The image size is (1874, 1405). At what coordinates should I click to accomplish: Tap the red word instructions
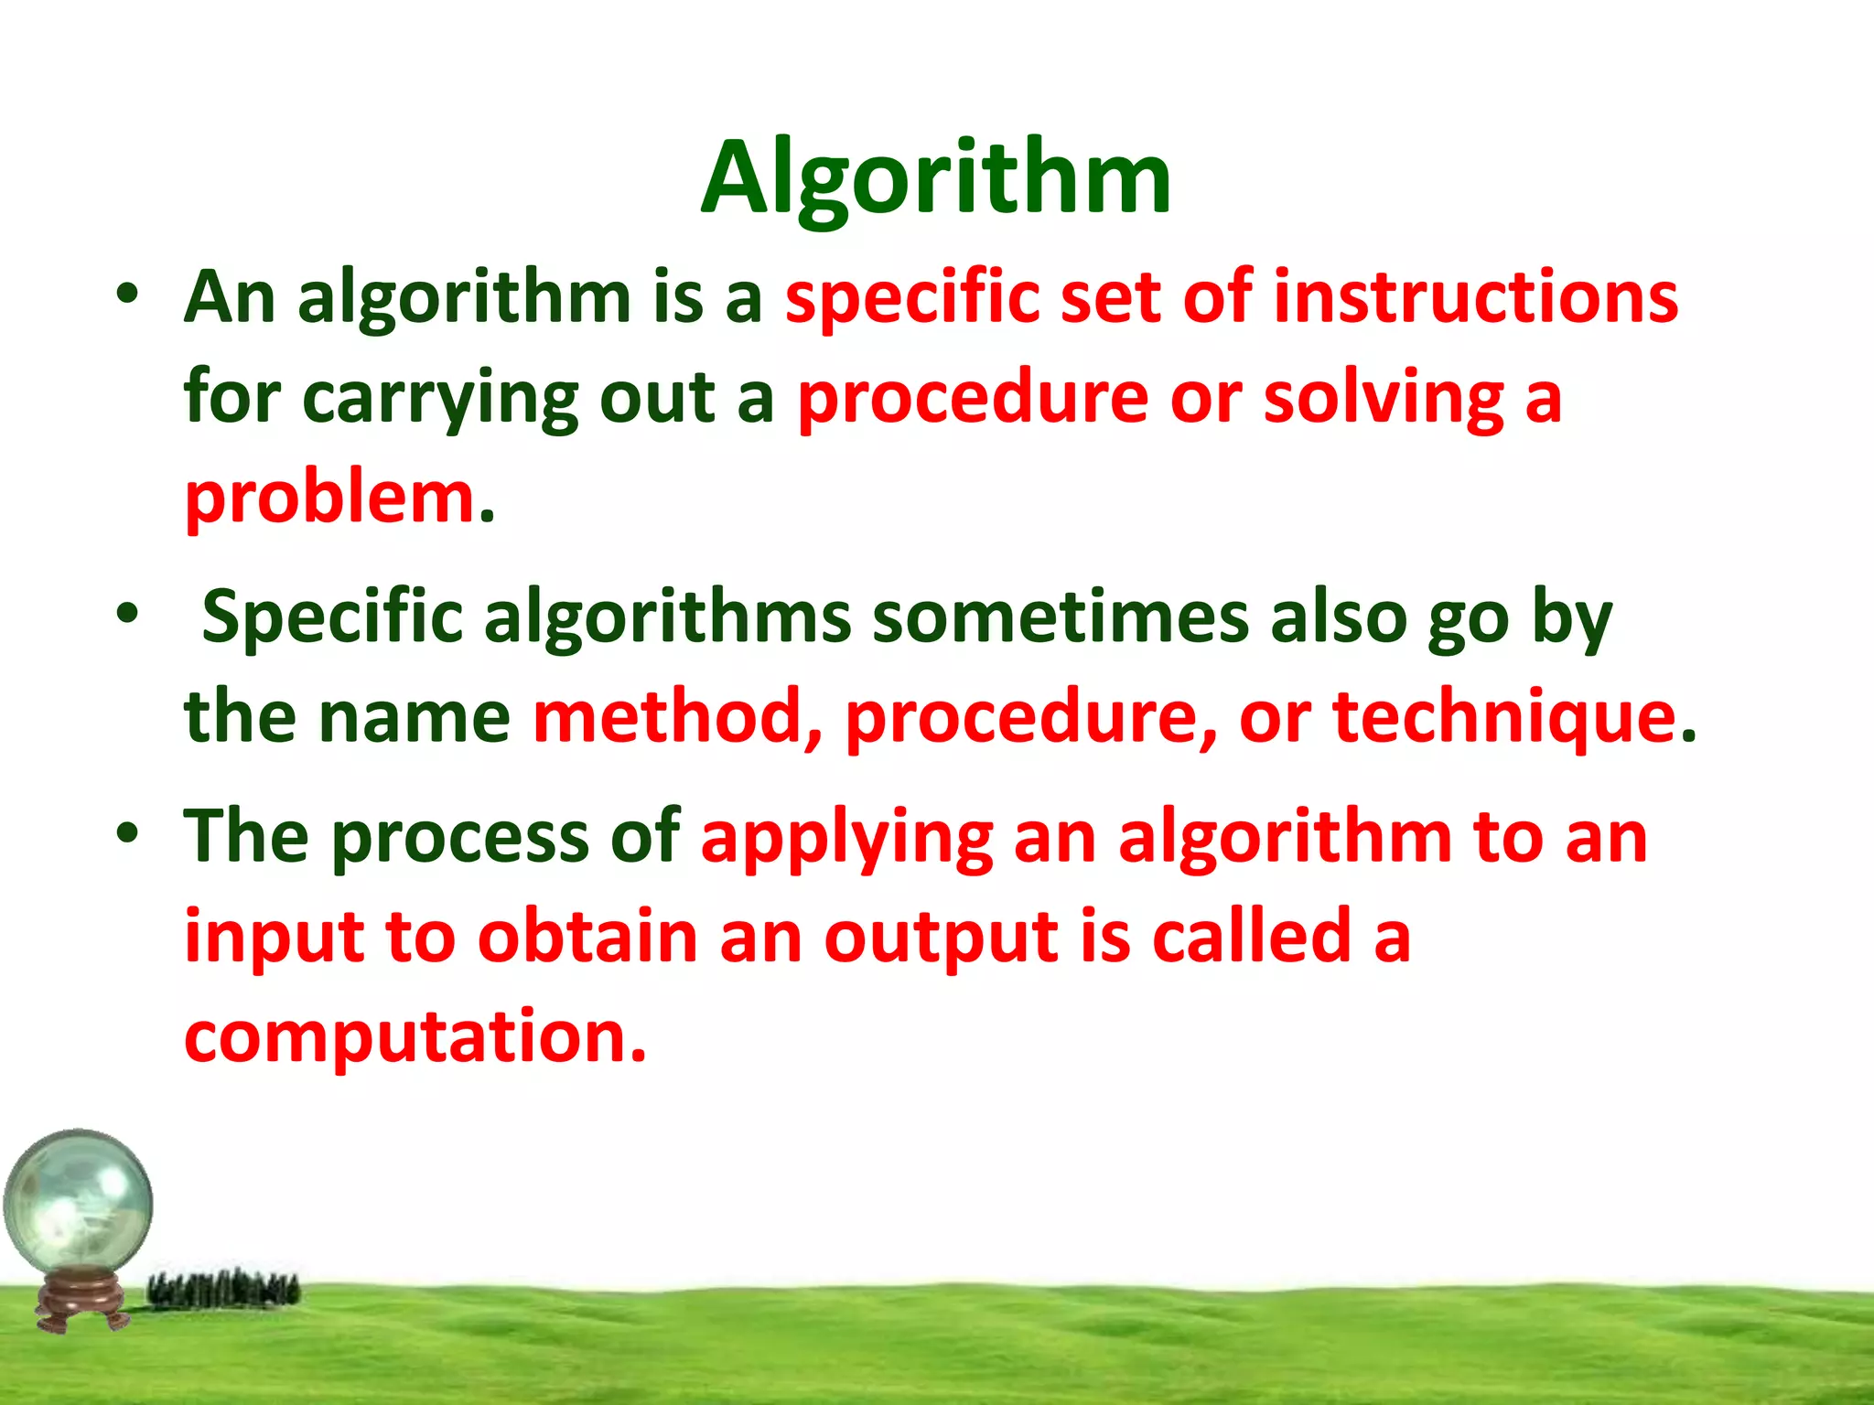pyautogui.click(x=1475, y=297)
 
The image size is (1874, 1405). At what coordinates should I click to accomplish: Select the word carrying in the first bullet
pyautogui.click(x=439, y=399)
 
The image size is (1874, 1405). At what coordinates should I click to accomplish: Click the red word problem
pyautogui.click(x=329, y=499)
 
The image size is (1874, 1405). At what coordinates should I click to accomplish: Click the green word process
pyautogui.click(x=459, y=838)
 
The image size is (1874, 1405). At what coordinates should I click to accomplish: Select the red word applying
pyautogui.click(x=846, y=838)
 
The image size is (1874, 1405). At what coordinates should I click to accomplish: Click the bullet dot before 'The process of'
pyautogui.click(x=127, y=833)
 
